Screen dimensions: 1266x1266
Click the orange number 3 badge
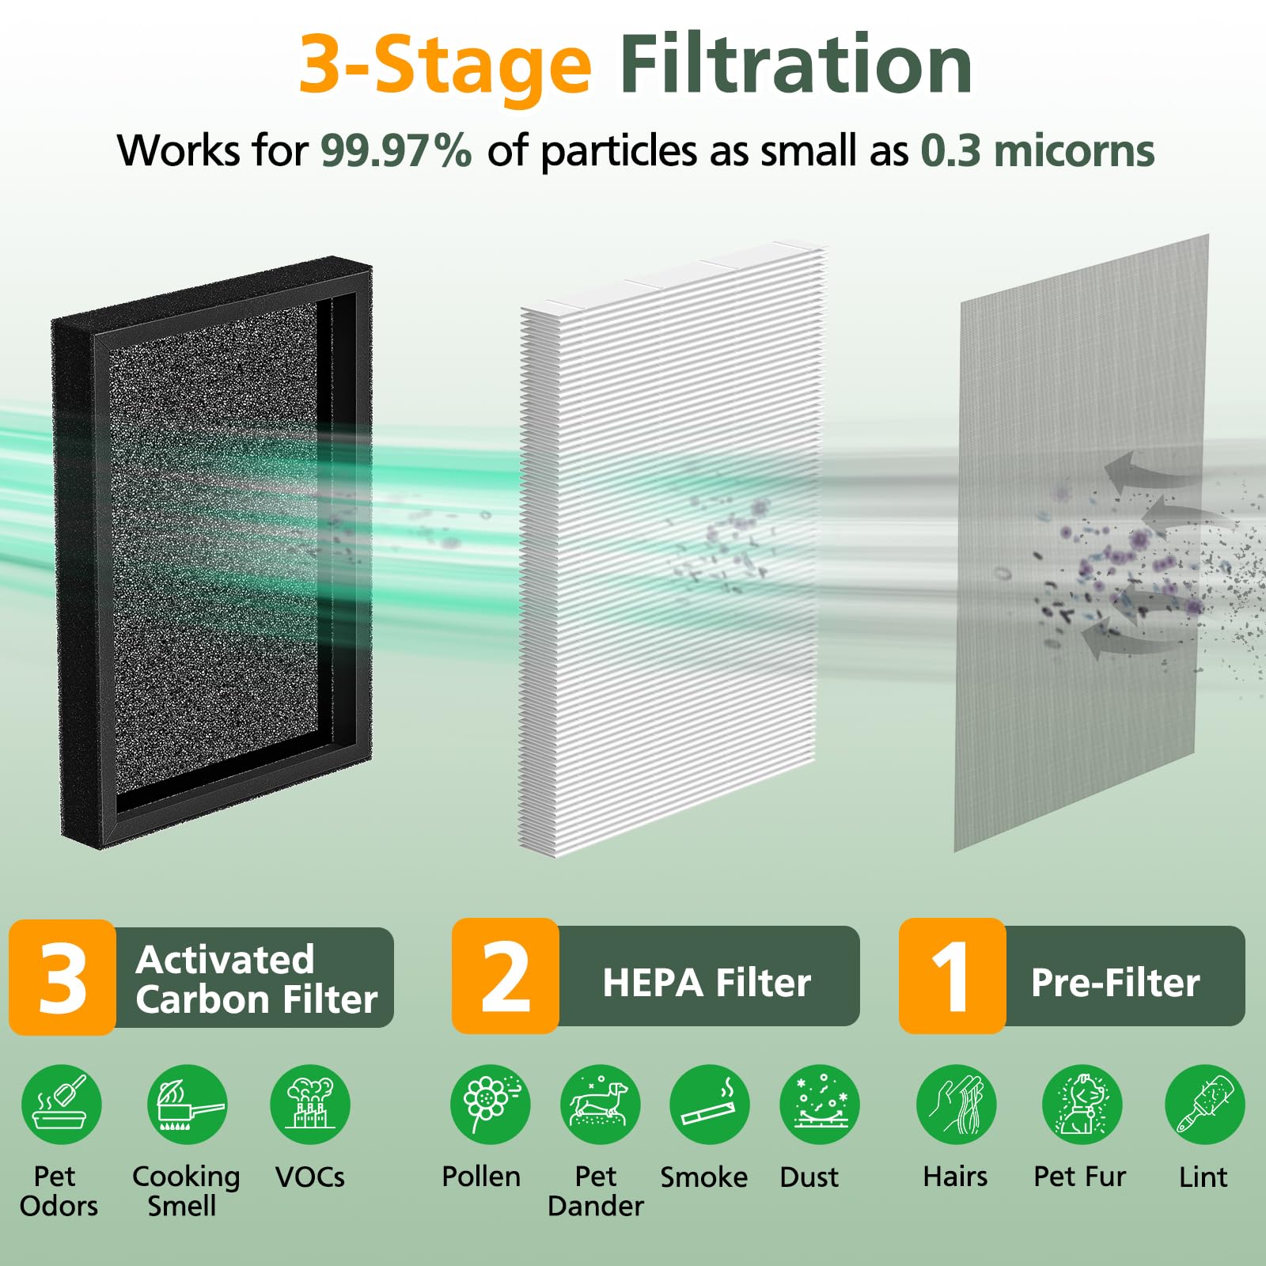click(63, 977)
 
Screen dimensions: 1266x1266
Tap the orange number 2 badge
click(506, 976)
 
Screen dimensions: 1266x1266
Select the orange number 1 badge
click(952, 976)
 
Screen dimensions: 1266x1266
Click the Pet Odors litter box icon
click(62, 1105)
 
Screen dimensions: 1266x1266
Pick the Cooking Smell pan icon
click(187, 1105)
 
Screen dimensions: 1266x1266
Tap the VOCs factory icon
click(310, 1105)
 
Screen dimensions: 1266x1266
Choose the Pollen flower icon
click(491, 1105)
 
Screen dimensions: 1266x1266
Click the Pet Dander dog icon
click(600, 1105)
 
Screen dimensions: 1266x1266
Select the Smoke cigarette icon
click(710, 1105)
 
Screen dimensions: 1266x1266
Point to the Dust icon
click(820, 1105)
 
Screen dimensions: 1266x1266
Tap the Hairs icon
click(957, 1105)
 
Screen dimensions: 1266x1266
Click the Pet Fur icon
click(1082, 1105)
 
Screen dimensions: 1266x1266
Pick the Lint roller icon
click(1205, 1105)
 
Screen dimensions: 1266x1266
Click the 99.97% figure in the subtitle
click(396, 150)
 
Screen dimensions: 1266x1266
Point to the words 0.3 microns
click(1037, 150)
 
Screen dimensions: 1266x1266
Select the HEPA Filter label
click(707, 983)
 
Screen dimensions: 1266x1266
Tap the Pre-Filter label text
click(1116, 983)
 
